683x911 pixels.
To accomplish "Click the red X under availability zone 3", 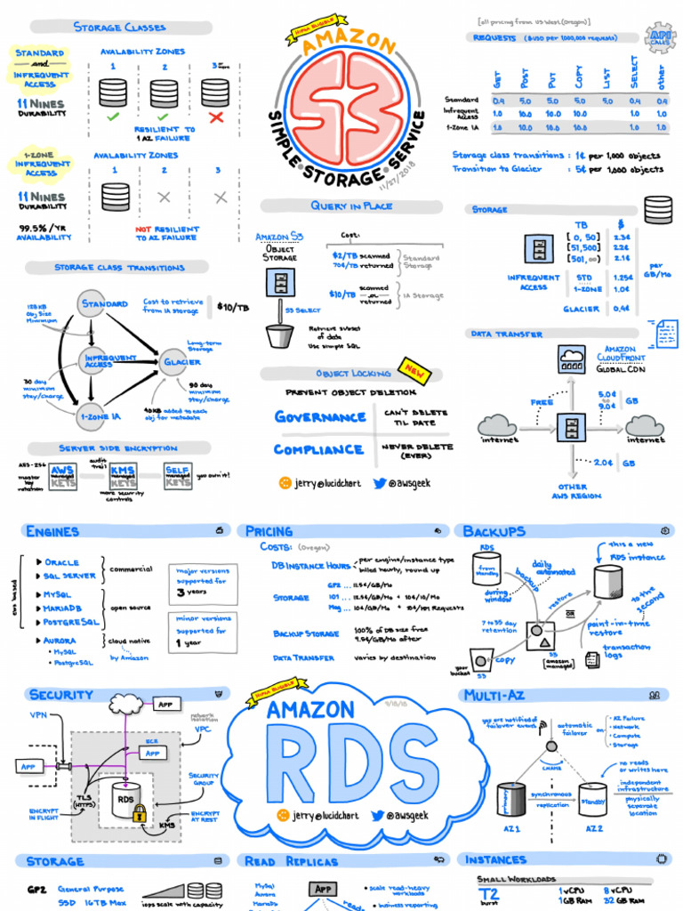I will (x=215, y=117).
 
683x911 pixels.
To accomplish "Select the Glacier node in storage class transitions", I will (x=181, y=362).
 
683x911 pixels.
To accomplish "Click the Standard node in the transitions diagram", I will (x=104, y=304).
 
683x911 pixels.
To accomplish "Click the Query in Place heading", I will (x=352, y=206).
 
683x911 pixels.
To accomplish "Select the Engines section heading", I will (x=53, y=531).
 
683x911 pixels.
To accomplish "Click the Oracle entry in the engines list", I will (x=61, y=562).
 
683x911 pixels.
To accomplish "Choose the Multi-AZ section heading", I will (x=498, y=695).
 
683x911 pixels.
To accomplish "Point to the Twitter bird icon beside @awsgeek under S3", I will (x=379, y=483).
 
